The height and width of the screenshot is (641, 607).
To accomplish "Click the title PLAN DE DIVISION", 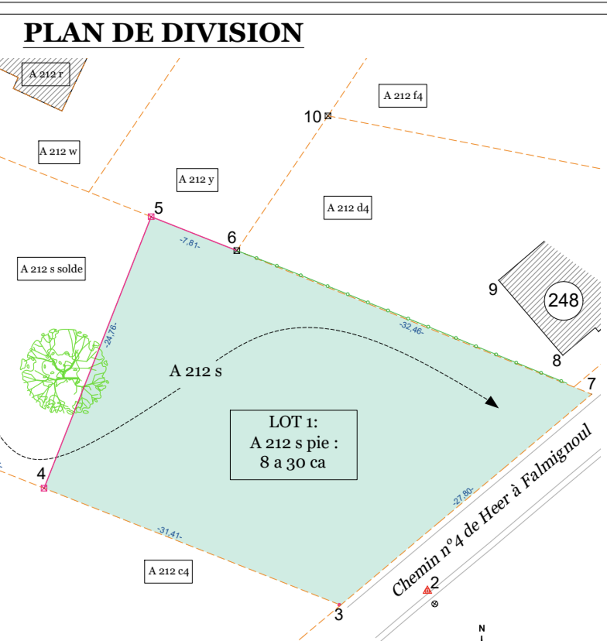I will click(x=163, y=32).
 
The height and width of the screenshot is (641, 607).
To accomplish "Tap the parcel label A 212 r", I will click(x=46, y=74).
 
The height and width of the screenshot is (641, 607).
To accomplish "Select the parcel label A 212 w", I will click(x=59, y=152).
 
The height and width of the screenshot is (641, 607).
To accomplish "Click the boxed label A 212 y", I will click(x=197, y=179).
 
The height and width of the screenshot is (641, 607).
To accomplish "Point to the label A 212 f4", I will click(x=403, y=96).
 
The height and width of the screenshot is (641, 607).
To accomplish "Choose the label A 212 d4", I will click(x=347, y=208).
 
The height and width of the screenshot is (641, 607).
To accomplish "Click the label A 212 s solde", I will click(x=51, y=269).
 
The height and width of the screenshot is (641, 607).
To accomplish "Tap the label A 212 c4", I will click(x=168, y=571).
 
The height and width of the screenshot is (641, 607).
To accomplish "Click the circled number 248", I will click(x=563, y=300).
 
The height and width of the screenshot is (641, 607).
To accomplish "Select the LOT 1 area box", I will click(x=293, y=444).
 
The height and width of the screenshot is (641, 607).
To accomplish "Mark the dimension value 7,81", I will click(x=190, y=243).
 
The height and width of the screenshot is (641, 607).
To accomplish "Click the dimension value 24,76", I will click(x=110, y=335).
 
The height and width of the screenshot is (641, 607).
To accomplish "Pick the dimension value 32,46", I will click(x=411, y=328).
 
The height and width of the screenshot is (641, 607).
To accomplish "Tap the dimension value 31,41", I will click(x=170, y=532).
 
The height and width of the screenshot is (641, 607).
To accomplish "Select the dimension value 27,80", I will click(x=463, y=496).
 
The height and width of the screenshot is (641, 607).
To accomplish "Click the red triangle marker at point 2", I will click(x=427, y=590).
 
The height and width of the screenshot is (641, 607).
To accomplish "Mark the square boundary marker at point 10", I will click(x=328, y=116).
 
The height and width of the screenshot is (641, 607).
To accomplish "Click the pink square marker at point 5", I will click(x=151, y=217).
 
